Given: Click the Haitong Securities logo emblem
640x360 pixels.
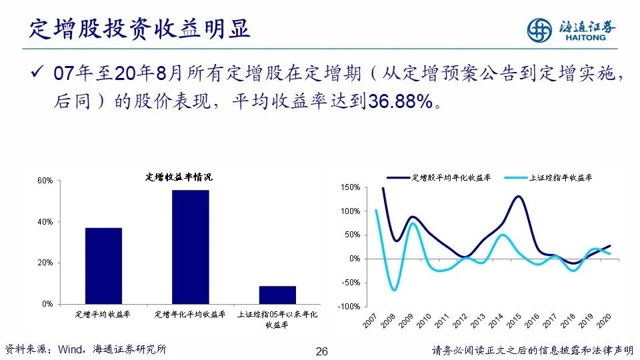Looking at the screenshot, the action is pyautogui.click(x=539, y=30).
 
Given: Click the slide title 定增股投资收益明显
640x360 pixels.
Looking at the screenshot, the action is pyautogui.click(x=139, y=29).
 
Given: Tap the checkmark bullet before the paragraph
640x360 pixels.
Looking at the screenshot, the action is pyautogui.click(x=37, y=72).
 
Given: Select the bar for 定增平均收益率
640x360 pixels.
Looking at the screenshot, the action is pyautogui.click(x=104, y=266).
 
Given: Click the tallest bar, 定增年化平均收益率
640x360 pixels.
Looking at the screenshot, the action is pyautogui.click(x=190, y=247).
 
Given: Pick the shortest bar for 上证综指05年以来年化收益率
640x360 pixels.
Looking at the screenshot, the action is pyautogui.click(x=277, y=295).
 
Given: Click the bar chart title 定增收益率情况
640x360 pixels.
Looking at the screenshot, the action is pyautogui.click(x=179, y=177).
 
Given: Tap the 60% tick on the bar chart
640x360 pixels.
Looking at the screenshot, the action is pyautogui.click(x=45, y=181).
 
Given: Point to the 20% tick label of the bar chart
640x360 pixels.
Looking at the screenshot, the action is pyautogui.click(x=45, y=263).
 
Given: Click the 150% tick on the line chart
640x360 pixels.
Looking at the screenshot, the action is pyautogui.click(x=350, y=187).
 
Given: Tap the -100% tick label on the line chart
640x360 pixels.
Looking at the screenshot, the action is pyautogui.click(x=349, y=307).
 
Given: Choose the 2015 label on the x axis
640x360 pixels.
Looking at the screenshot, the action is pyautogui.click(x=514, y=321).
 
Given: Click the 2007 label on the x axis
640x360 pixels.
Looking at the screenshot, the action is pyautogui.click(x=370, y=321).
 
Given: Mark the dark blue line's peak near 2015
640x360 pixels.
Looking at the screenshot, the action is pyautogui.click(x=518, y=196).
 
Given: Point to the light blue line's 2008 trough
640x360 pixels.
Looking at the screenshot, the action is pyautogui.click(x=394, y=290).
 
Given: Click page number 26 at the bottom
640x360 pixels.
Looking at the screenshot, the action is pyautogui.click(x=322, y=351).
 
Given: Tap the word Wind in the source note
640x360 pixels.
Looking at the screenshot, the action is pyautogui.click(x=70, y=349).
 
